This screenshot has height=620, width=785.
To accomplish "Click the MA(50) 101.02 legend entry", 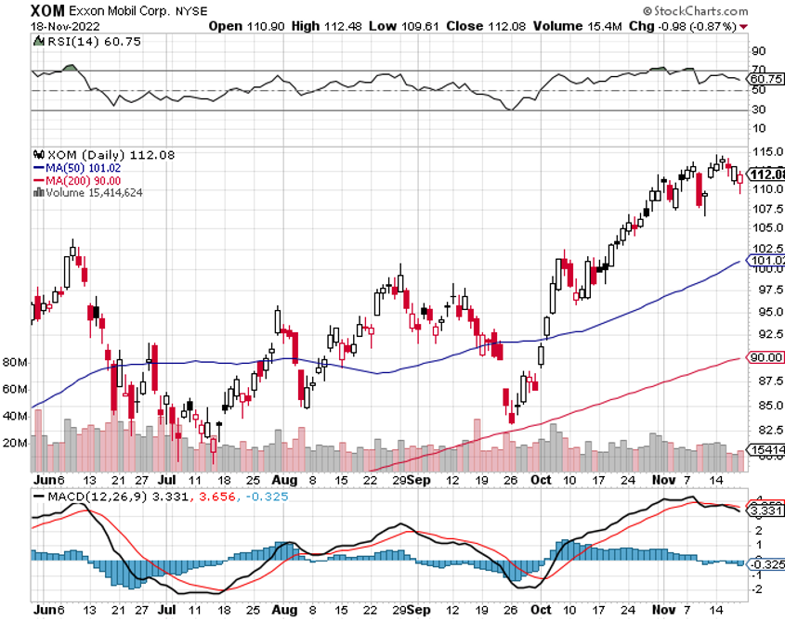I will [81, 168].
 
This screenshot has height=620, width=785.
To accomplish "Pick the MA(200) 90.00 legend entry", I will [81, 180].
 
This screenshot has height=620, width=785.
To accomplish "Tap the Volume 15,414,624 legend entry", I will [89, 192].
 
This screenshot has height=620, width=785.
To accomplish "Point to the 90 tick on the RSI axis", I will [759, 51].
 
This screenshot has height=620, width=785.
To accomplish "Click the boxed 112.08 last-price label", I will [767, 174].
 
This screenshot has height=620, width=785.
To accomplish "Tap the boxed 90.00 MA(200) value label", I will [767, 357].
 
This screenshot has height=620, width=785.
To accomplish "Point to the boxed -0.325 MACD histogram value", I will [767, 563].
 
